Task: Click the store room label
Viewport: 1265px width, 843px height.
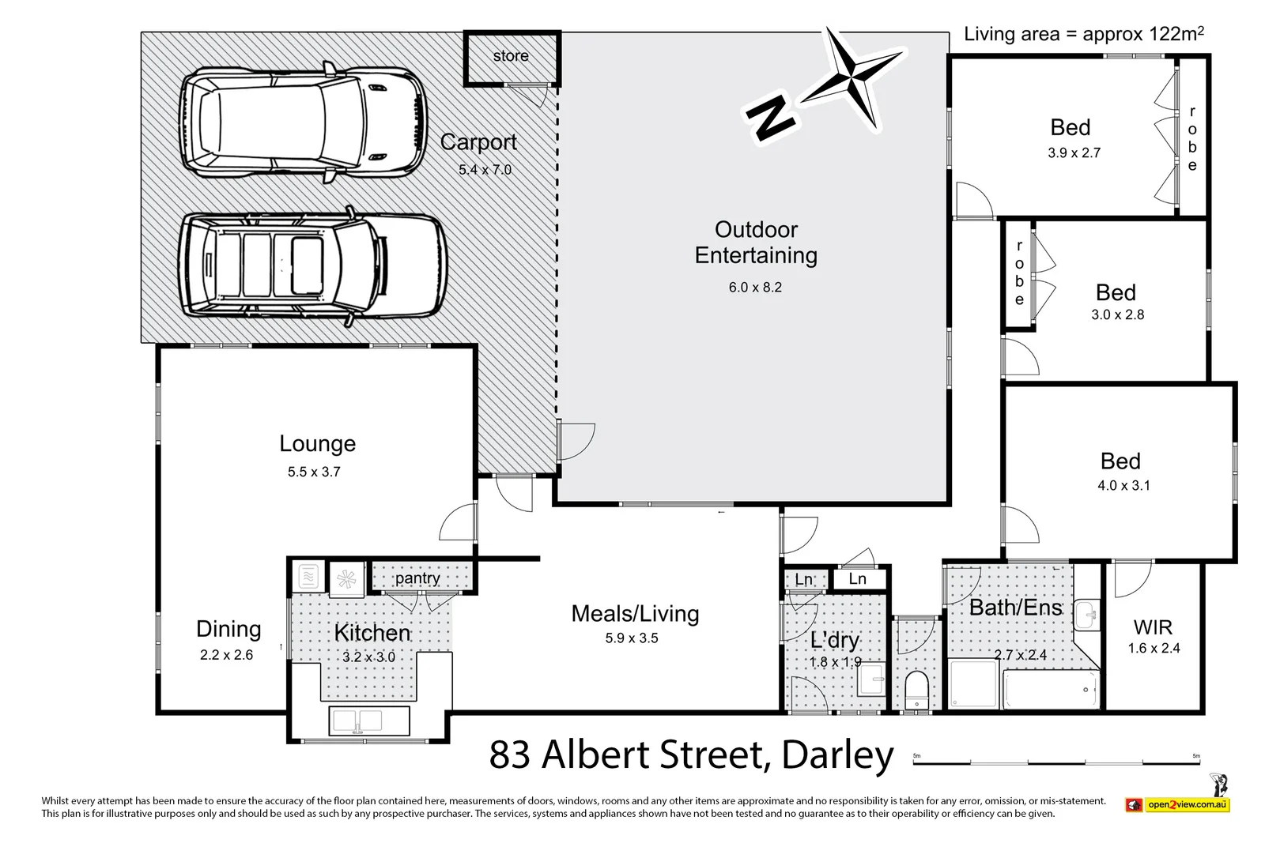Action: (511, 56)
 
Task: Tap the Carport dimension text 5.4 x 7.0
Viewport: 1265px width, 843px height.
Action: (485, 170)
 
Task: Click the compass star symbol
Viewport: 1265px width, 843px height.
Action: (852, 77)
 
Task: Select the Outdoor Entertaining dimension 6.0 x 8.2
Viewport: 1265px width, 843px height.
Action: (755, 288)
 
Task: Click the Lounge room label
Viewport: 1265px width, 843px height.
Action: (317, 444)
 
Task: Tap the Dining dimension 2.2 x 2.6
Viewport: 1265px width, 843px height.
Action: (226, 655)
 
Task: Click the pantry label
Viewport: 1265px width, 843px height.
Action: (417, 578)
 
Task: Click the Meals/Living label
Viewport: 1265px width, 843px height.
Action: (635, 614)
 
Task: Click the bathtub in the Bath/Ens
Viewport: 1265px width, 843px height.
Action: (1050, 691)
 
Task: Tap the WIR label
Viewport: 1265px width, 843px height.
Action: (1153, 628)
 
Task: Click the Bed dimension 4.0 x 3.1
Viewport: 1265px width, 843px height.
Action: (1123, 486)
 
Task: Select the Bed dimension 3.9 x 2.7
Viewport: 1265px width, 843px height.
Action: (1074, 153)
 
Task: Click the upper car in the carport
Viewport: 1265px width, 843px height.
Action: (302, 125)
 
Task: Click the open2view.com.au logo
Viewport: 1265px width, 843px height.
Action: (1178, 805)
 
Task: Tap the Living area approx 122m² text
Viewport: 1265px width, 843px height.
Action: (1083, 34)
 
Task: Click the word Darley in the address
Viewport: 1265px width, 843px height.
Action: (836, 755)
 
